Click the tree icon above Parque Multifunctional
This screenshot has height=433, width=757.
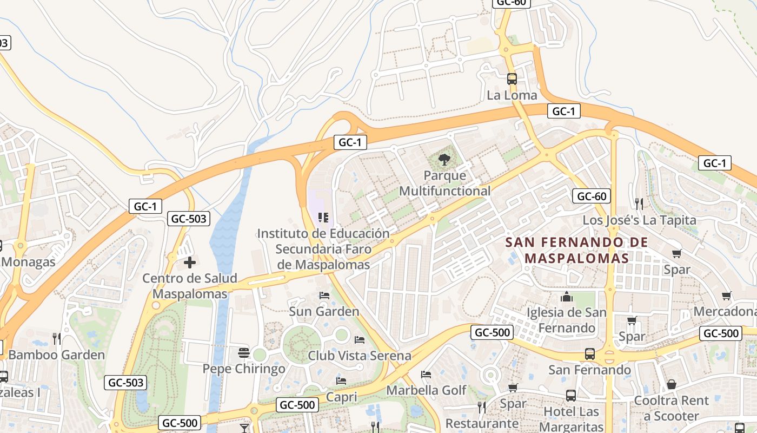444,159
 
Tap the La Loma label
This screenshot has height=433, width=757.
512,95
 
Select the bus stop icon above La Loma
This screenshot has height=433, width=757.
512,79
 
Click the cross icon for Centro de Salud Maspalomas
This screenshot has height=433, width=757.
189,263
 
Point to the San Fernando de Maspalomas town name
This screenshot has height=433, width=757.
577,250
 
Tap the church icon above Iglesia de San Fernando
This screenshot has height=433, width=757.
567,297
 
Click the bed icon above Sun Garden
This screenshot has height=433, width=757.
324,296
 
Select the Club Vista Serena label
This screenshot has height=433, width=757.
359,356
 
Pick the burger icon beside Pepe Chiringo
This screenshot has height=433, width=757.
244,353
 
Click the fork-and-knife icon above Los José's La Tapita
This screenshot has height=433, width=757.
639,204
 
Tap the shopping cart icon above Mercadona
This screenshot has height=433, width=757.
726,296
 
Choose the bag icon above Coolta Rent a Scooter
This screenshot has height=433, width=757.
671,384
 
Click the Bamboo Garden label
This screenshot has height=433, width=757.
56,355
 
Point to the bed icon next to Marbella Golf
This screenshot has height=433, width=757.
426,375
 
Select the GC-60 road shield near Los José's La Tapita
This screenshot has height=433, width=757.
592,196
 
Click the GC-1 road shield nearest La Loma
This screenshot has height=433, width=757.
563,111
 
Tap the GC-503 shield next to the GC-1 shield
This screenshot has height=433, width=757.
189,219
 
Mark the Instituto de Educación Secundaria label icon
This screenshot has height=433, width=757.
323,218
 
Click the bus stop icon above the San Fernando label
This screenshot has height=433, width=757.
589,354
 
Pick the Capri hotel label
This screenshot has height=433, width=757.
341,397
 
